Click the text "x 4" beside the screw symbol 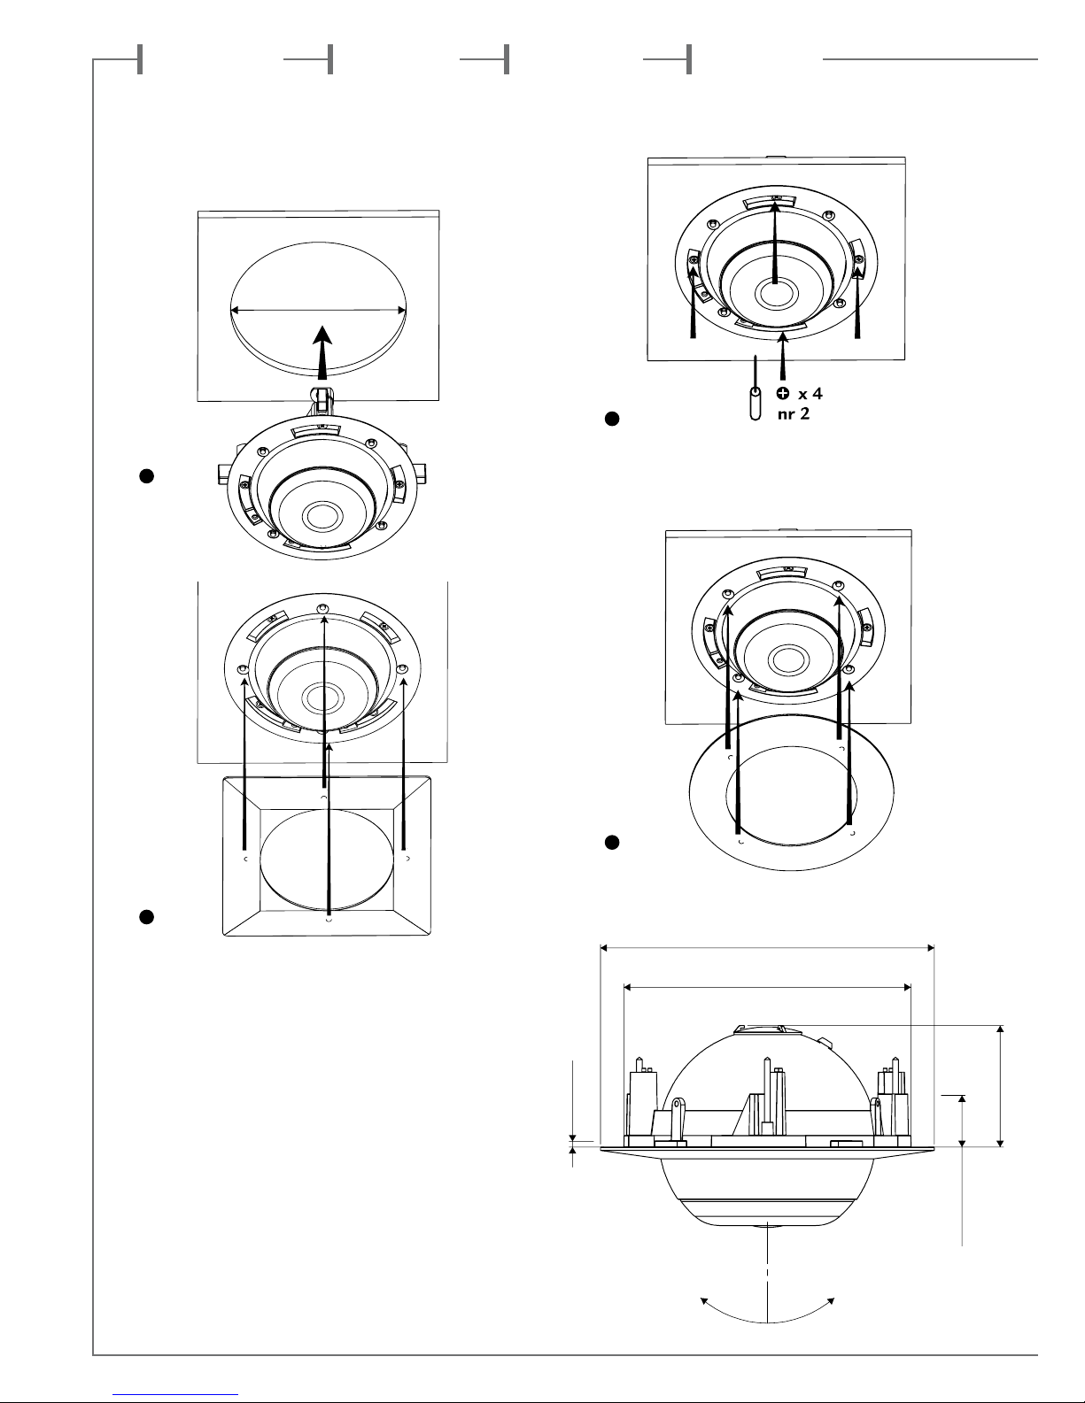[810, 393]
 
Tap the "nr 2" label [793, 413]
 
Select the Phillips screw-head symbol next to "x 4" [783, 392]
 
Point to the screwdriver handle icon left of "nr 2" [755, 404]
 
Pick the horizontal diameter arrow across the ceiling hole [318, 310]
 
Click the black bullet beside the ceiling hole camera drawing [147, 476]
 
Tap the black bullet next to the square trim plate [147, 917]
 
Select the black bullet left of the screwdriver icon [612, 419]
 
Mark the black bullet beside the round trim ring [612, 843]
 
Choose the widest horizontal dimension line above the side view [767, 948]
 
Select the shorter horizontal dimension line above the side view [767, 987]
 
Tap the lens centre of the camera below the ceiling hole [321, 515]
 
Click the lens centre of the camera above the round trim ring [785, 659]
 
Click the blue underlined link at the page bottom [175, 1395]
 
